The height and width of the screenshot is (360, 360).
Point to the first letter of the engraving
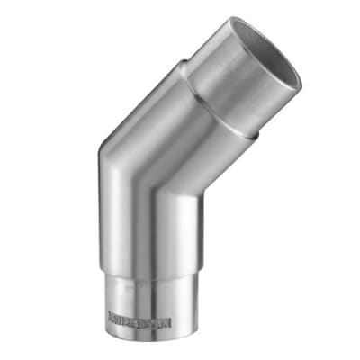coord(112,317)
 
